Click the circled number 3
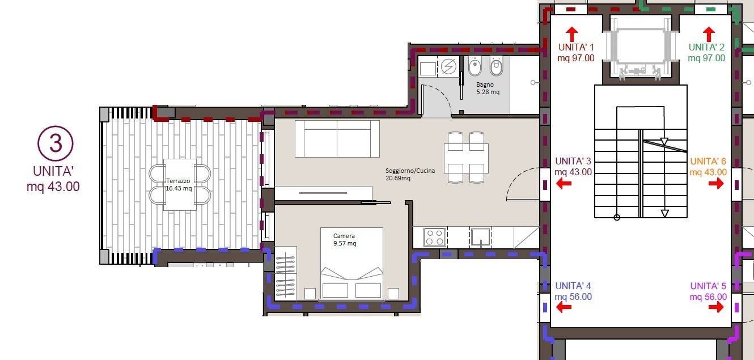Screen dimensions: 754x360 point(55,143)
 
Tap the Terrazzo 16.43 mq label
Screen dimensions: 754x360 point(179,185)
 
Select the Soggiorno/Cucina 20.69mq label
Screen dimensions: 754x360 point(410,174)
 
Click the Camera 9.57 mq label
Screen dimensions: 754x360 point(344,239)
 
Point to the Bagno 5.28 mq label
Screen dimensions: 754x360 point(488,88)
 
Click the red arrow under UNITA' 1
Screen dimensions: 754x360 point(571,35)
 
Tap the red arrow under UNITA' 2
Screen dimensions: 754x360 point(709,35)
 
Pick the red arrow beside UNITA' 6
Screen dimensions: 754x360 point(715,184)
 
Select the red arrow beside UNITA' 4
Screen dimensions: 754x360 point(564,307)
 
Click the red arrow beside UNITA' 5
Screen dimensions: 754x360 point(715,307)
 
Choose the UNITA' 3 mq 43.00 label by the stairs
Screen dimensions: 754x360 point(573,166)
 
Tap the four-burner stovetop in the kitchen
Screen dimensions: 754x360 point(435,237)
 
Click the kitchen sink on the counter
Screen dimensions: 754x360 point(480,238)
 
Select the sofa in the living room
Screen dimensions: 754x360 point(337,139)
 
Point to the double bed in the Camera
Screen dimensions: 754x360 point(351,264)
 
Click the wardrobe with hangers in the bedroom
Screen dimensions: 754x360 point(286,273)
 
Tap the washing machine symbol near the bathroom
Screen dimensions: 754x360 point(448,66)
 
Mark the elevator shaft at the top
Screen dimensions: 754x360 point(641,49)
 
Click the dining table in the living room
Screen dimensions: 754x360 point(466,158)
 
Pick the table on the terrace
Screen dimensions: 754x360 point(180,185)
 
